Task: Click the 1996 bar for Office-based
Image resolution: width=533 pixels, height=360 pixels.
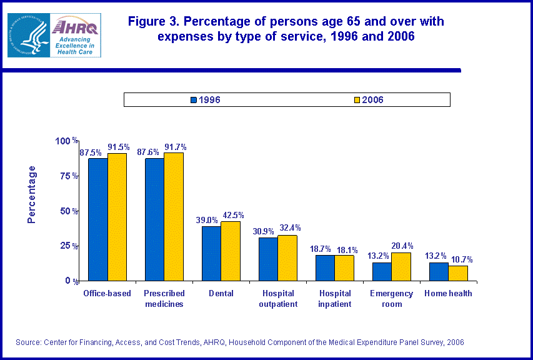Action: [x=97, y=219]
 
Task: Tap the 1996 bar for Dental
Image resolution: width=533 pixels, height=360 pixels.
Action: [x=211, y=253]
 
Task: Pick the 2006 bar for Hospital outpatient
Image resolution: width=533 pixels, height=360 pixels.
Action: [x=287, y=257]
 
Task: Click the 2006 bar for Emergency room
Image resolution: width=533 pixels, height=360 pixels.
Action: [x=401, y=266]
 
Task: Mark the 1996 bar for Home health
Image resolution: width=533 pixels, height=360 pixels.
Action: [x=439, y=271]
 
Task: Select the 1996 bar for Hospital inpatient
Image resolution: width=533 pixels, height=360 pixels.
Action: [x=325, y=267]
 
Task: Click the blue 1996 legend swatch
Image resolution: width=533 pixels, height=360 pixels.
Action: [x=194, y=100]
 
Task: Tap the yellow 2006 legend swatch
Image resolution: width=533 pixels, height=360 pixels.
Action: [x=357, y=100]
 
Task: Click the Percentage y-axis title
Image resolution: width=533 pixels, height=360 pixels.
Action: [x=32, y=194]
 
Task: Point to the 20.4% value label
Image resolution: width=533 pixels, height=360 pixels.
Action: [x=401, y=246]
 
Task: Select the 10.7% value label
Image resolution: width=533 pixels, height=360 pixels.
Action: [x=458, y=259]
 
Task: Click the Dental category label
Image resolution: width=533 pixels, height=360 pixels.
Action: [x=221, y=293]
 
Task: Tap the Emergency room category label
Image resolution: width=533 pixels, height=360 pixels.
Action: [x=391, y=299]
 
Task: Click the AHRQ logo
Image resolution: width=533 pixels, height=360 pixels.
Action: [x=62, y=35]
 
